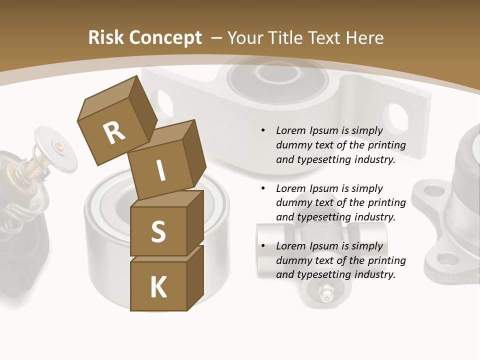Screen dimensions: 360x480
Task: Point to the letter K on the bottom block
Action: click(x=158, y=287)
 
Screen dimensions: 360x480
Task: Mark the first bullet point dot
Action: click(x=263, y=130)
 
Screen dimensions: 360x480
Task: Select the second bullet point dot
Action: click(x=263, y=188)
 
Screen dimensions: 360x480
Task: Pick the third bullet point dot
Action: click(x=263, y=246)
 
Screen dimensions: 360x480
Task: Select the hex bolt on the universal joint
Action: click(x=325, y=291)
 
